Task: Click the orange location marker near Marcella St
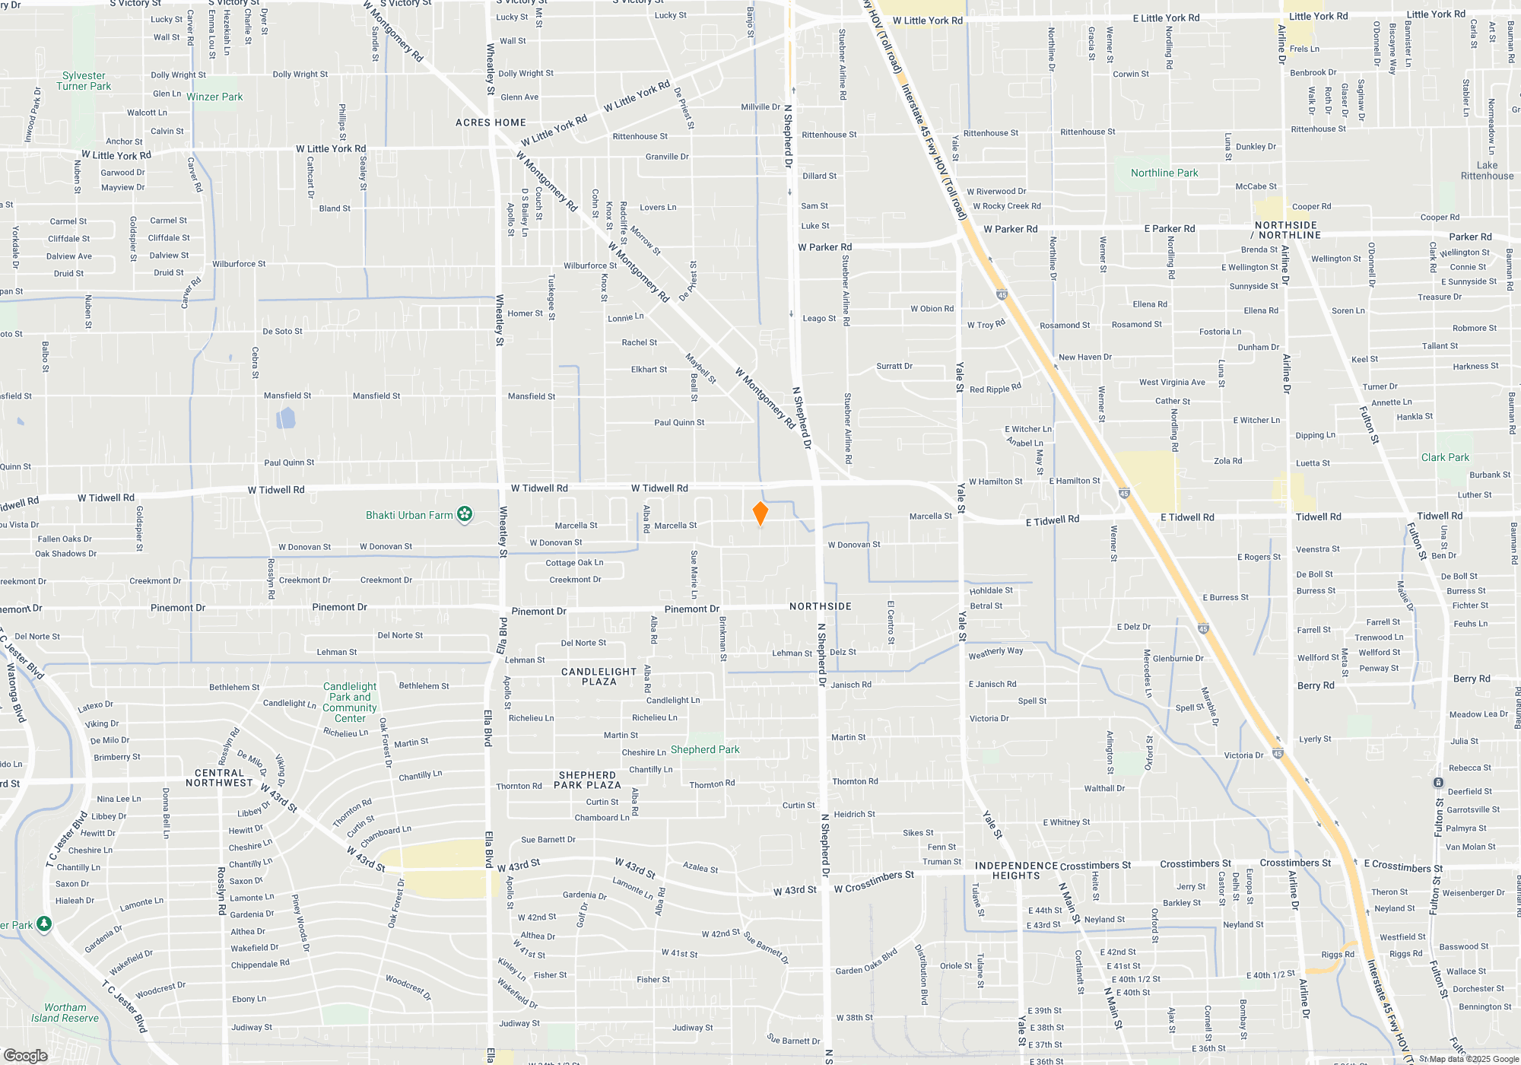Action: (x=760, y=513)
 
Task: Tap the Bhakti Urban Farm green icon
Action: (x=465, y=515)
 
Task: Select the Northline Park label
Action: (x=1164, y=173)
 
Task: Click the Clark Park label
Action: (x=1445, y=457)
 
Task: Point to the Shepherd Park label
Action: (x=704, y=749)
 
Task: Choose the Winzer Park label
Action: (x=214, y=97)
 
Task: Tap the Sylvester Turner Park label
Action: (x=84, y=81)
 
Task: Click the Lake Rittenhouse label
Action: (x=1487, y=170)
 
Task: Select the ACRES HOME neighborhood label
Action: (x=491, y=122)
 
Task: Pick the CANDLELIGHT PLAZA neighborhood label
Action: (x=599, y=676)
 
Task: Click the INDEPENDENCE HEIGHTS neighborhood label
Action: (x=1016, y=870)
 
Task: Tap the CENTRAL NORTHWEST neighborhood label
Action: (x=219, y=777)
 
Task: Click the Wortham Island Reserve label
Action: (x=65, y=1013)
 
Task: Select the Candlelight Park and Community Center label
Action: (x=350, y=702)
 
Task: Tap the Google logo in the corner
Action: (x=25, y=1056)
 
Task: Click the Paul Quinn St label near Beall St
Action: (x=679, y=422)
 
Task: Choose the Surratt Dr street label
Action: (x=894, y=366)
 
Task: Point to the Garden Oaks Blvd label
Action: (x=866, y=962)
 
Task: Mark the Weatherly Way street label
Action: (x=995, y=653)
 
